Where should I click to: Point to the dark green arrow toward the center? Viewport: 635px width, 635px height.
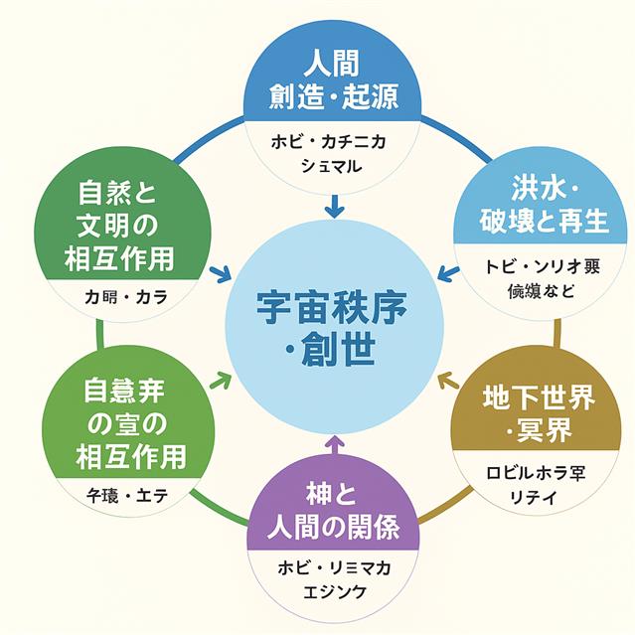pos(222,271)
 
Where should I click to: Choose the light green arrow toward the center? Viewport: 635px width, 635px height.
pos(222,379)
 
